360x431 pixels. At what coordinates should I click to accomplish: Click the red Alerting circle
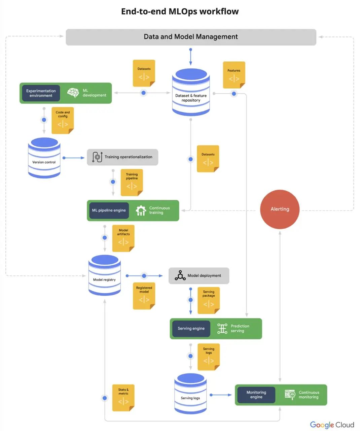(x=280, y=209)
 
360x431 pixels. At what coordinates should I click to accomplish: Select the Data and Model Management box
(x=191, y=37)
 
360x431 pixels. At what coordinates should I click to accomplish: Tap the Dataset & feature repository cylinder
(x=191, y=92)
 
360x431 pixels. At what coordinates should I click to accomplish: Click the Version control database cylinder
(x=44, y=158)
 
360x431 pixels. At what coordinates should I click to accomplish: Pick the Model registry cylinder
(x=105, y=275)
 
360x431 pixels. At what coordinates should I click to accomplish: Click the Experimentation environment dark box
(x=41, y=93)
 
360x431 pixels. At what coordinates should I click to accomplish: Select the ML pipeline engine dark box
(x=109, y=210)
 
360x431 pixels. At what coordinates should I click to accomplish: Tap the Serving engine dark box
(x=191, y=328)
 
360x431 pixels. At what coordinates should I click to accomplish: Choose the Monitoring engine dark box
(x=256, y=395)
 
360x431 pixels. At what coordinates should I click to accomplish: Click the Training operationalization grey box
(x=122, y=157)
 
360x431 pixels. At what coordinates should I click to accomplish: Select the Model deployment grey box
(x=199, y=275)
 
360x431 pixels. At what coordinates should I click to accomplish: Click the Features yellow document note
(x=234, y=75)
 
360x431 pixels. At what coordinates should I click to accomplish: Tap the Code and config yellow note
(x=63, y=120)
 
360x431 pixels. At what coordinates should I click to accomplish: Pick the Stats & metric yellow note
(x=123, y=398)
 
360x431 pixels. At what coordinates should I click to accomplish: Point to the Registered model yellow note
(x=144, y=296)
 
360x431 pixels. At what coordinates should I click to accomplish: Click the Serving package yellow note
(x=209, y=300)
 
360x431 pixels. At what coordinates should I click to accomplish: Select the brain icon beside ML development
(x=73, y=93)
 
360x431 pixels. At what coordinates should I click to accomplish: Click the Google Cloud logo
(x=332, y=425)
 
